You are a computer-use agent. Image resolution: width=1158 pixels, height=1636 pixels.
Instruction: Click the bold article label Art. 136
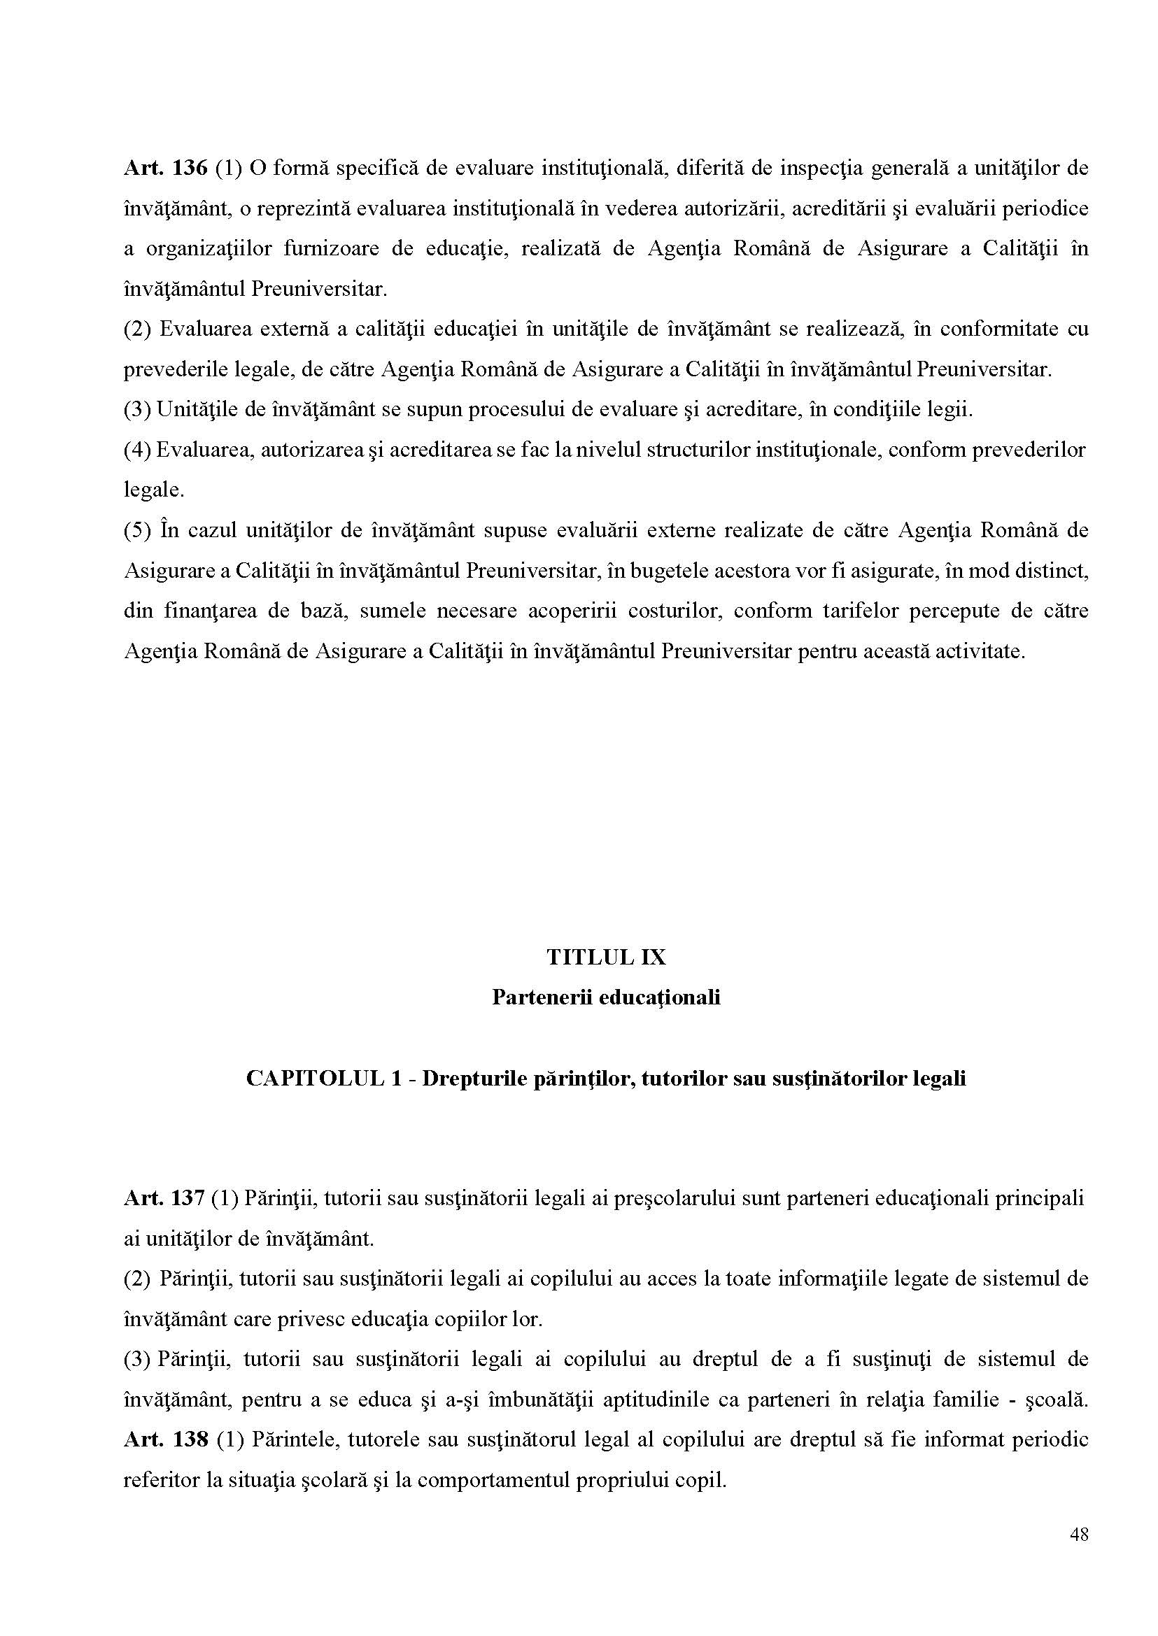(164, 169)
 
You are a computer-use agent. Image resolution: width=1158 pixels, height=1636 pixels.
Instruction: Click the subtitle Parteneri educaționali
(605, 997)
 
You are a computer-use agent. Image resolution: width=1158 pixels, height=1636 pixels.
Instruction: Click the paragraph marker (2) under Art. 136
(137, 329)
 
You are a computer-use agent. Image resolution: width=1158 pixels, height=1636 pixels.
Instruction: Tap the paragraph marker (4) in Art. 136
(136, 450)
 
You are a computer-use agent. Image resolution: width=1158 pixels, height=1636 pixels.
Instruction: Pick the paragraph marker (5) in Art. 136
(137, 531)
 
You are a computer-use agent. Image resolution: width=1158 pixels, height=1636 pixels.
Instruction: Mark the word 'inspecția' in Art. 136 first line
(817, 169)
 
